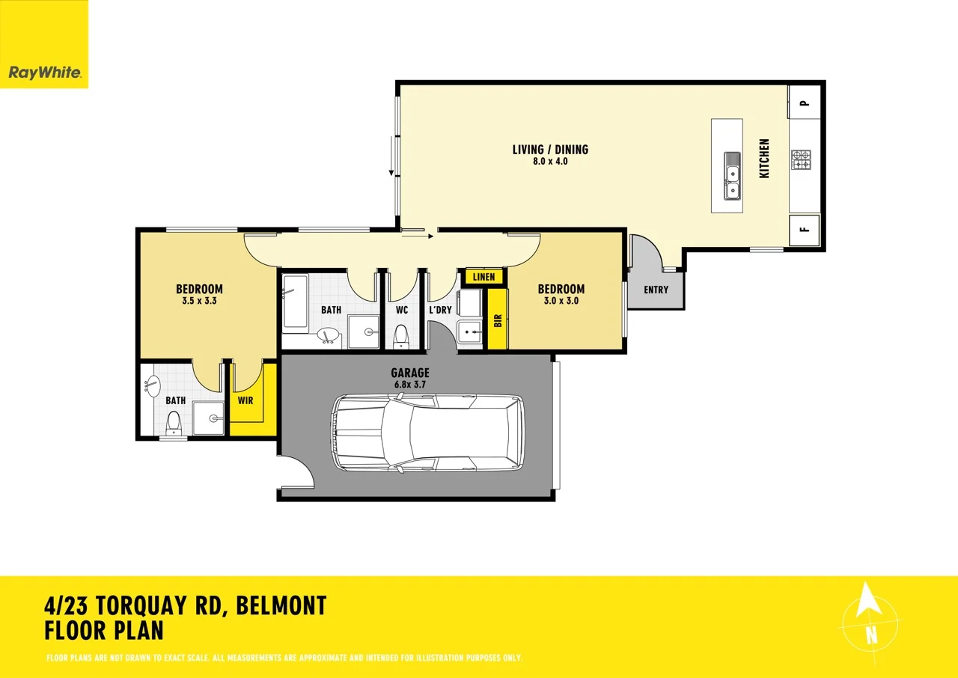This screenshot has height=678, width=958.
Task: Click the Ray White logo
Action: (43, 73)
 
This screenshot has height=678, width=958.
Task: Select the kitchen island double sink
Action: (732, 176)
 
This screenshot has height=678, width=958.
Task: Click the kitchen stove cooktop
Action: (801, 159)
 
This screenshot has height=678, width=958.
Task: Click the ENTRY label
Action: (656, 290)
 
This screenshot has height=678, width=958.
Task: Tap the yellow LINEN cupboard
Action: (483, 277)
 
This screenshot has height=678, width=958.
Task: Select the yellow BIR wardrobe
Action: (497, 320)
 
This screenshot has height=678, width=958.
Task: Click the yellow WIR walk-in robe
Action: (245, 400)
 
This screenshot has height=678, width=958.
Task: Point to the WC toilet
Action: (401, 336)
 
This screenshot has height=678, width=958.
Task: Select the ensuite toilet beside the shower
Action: (174, 424)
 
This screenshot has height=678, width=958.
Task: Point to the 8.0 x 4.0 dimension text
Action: (550, 161)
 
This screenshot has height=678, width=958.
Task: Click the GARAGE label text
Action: (410, 373)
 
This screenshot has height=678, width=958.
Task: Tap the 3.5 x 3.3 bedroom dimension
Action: (199, 302)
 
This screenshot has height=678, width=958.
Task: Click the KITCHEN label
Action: (764, 158)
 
